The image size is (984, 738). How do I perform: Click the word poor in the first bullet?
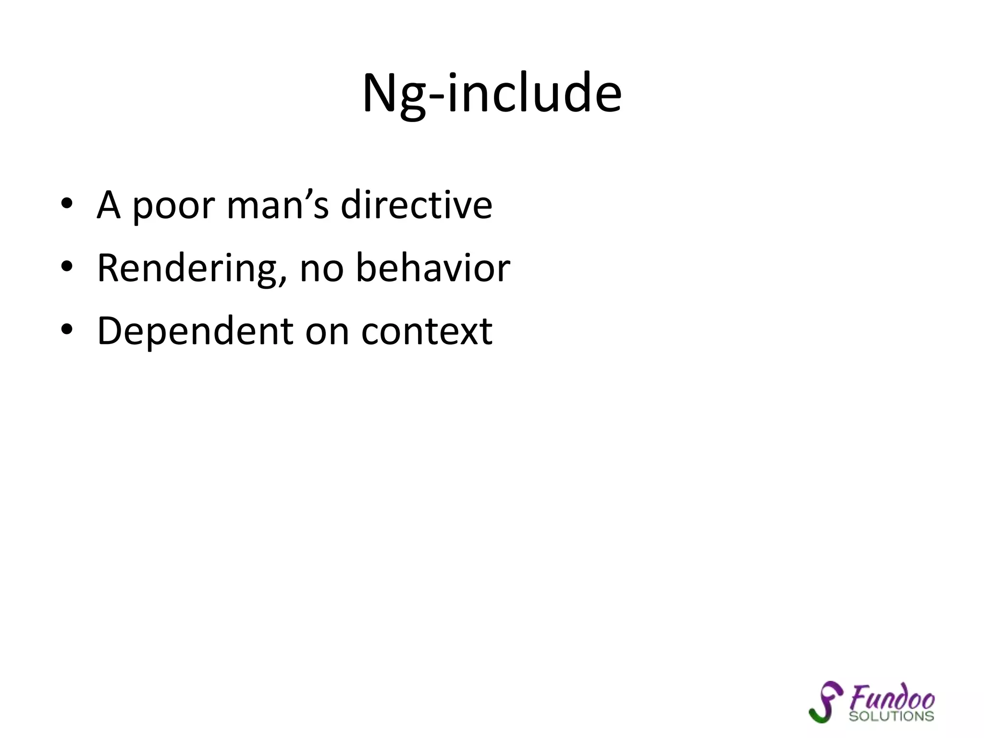(x=173, y=205)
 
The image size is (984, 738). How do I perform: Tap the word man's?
(x=278, y=205)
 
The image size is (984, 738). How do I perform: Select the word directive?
(x=416, y=205)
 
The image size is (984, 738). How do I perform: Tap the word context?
(x=427, y=331)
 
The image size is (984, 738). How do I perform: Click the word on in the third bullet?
(x=327, y=332)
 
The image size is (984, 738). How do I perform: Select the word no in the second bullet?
(x=321, y=269)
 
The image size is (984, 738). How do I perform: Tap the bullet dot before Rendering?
(x=67, y=266)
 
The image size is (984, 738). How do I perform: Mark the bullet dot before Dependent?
(x=67, y=329)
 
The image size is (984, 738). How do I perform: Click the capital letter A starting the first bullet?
(x=108, y=205)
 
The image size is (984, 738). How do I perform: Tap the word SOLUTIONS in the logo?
(x=891, y=716)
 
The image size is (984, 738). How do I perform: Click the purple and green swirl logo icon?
(x=825, y=701)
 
